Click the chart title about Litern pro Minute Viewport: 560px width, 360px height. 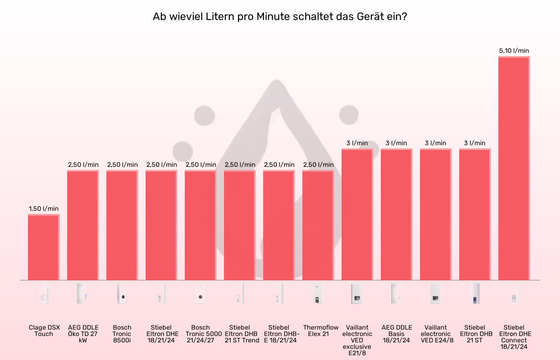280,17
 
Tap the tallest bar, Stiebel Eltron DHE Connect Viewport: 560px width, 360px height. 514,168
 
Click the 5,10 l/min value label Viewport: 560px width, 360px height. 514,51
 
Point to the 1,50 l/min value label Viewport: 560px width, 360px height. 44,209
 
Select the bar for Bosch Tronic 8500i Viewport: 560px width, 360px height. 122,226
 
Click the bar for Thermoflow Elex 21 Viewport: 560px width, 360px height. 318,226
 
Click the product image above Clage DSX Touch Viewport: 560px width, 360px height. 44,294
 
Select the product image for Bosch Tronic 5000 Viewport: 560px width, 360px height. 200,294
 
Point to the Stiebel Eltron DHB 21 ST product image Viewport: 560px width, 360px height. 475,294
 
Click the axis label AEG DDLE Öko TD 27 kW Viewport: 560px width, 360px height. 83,334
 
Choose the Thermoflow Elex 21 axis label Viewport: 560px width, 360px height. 320,331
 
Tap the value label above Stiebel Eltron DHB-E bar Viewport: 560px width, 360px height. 279,165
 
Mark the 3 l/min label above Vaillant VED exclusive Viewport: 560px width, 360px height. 357,143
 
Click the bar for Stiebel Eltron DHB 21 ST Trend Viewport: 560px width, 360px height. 240,226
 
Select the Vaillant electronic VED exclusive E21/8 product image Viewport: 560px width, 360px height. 357,294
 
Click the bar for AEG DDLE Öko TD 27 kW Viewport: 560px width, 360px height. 83,226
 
